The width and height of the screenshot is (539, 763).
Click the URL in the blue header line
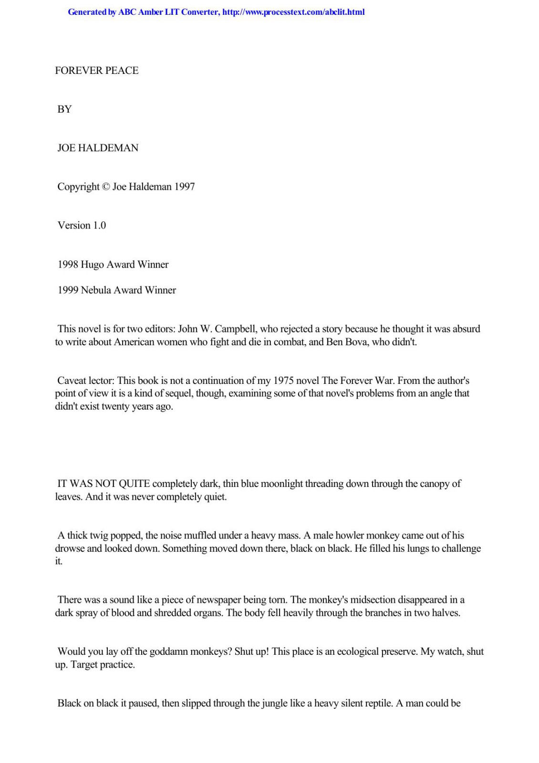[x=293, y=12]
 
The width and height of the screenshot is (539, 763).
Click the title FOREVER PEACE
[x=97, y=71]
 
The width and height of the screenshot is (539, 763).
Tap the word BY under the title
[x=64, y=109]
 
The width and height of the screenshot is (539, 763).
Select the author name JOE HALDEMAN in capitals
[x=98, y=148]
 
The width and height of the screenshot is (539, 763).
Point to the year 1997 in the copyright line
[x=184, y=186]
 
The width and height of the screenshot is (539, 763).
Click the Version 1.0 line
[x=82, y=225]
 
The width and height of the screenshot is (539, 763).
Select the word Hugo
[x=92, y=264]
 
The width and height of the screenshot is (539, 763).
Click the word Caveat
[x=72, y=381]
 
